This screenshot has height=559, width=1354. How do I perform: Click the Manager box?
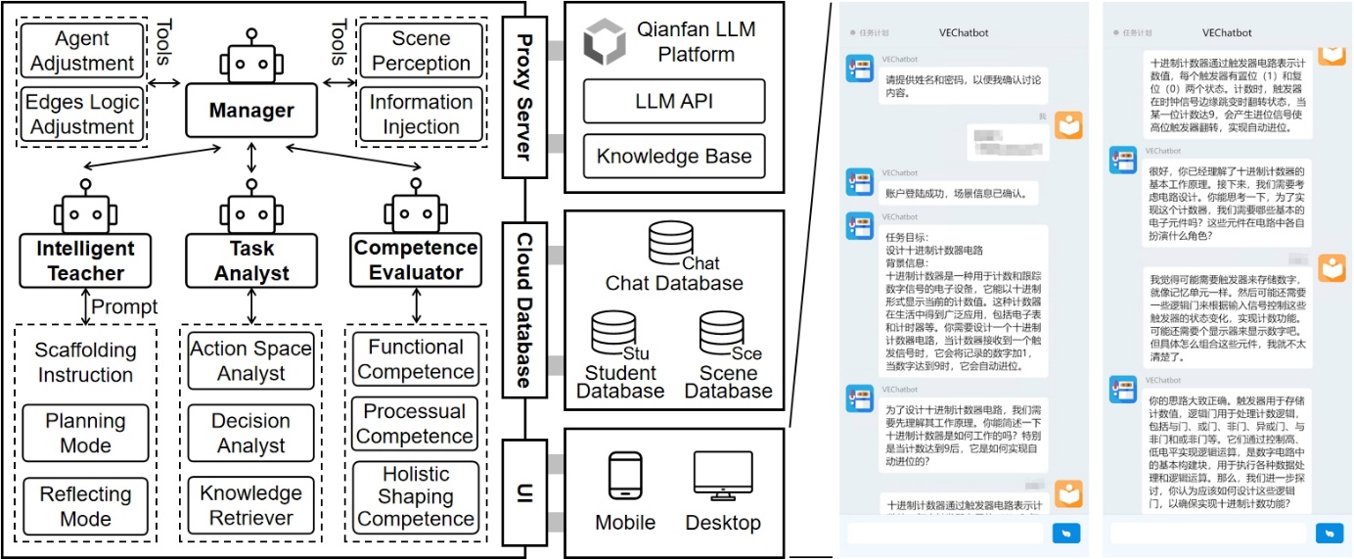coord(250,110)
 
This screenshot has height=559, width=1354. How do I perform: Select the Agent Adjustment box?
coord(82,52)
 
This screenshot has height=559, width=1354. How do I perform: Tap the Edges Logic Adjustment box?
coord(82,115)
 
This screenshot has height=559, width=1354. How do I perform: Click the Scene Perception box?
coord(421,51)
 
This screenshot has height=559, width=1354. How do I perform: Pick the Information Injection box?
coord(421,115)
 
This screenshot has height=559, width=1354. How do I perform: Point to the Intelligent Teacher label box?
coord(86,260)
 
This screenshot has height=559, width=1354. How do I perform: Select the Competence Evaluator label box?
coord(416,260)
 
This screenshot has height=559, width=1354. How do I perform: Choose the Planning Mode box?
coord(86,433)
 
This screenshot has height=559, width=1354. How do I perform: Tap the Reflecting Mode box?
coord(86,506)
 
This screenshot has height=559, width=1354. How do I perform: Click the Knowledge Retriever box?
coord(251,506)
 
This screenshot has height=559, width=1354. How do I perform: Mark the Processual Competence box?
coord(416,424)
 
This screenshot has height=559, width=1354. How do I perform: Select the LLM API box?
coord(674,102)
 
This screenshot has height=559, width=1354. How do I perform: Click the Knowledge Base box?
coord(674,156)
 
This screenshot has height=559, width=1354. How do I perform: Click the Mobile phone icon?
coord(625,477)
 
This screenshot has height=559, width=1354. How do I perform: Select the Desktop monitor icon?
coord(723,477)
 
